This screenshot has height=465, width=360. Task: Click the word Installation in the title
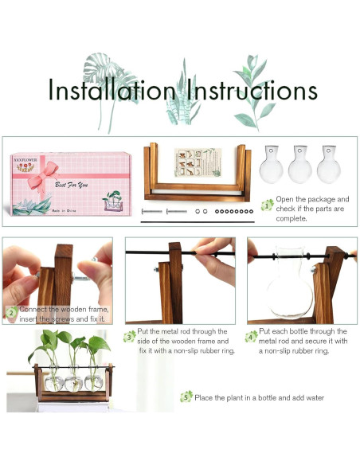(111, 90)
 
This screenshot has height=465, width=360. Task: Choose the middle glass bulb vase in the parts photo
(300, 165)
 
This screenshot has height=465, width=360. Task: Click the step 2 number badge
(11, 313)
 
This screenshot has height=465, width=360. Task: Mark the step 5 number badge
(187, 396)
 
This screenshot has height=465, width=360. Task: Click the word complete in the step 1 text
(292, 217)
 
